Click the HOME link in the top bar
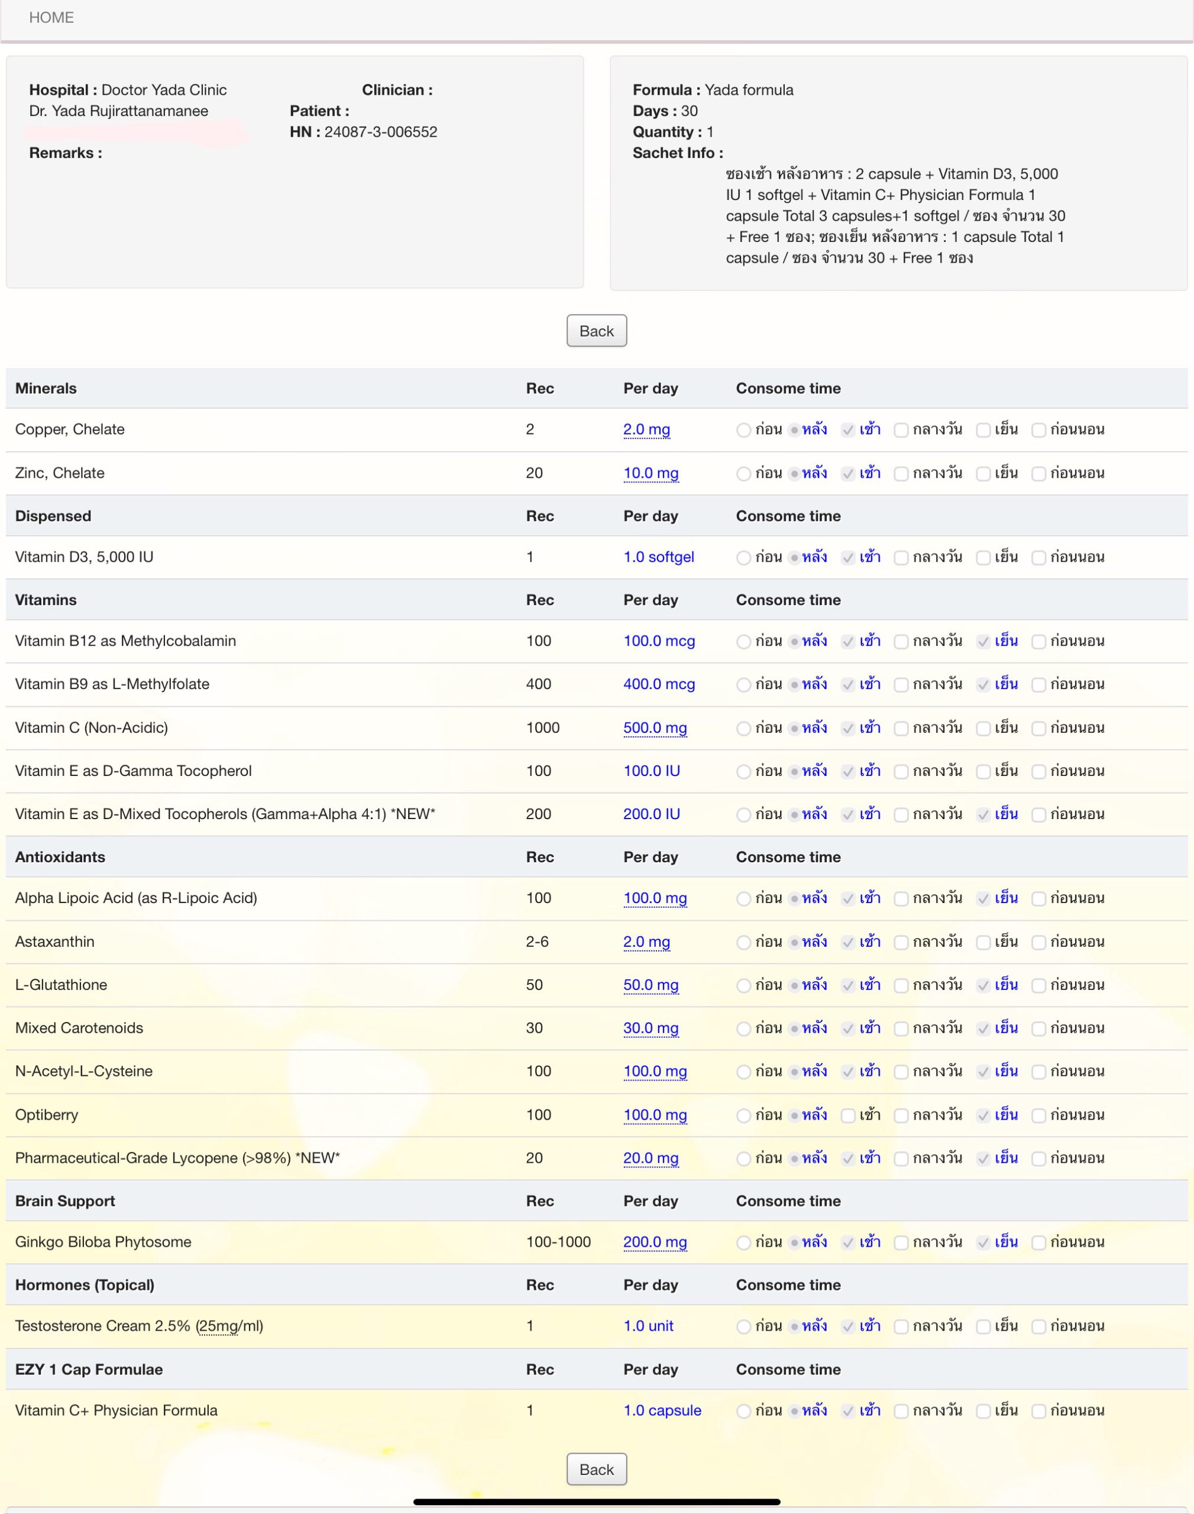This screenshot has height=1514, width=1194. (x=51, y=18)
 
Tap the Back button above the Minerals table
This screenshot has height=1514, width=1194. (x=596, y=331)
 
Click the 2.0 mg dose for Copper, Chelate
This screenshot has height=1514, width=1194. (x=646, y=429)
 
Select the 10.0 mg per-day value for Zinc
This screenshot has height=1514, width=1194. (x=650, y=473)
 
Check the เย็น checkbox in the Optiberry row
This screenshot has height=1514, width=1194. (x=983, y=1115)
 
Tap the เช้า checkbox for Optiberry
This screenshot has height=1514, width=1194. (x=848, y=1115)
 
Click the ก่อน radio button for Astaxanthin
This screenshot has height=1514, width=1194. (x=743, y=942)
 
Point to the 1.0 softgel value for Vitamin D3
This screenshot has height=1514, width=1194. (x=659, y=557)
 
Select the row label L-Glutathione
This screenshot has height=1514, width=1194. (x=61, y=985)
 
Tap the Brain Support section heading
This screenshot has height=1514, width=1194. (x=65, y=1201)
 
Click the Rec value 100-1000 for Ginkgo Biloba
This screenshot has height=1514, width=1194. (x=558, y=1242)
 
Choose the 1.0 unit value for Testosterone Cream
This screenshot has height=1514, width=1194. (x=648, y=1326)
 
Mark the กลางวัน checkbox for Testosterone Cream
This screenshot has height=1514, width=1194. (x=901, y=1326)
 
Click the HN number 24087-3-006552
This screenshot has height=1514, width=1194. (x=380, y=131)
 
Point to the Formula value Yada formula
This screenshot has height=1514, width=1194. (x=749, y=89)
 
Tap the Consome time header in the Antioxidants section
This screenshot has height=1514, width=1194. (x=788, y=857)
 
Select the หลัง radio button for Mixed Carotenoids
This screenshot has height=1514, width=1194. (x=795, y=1028)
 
